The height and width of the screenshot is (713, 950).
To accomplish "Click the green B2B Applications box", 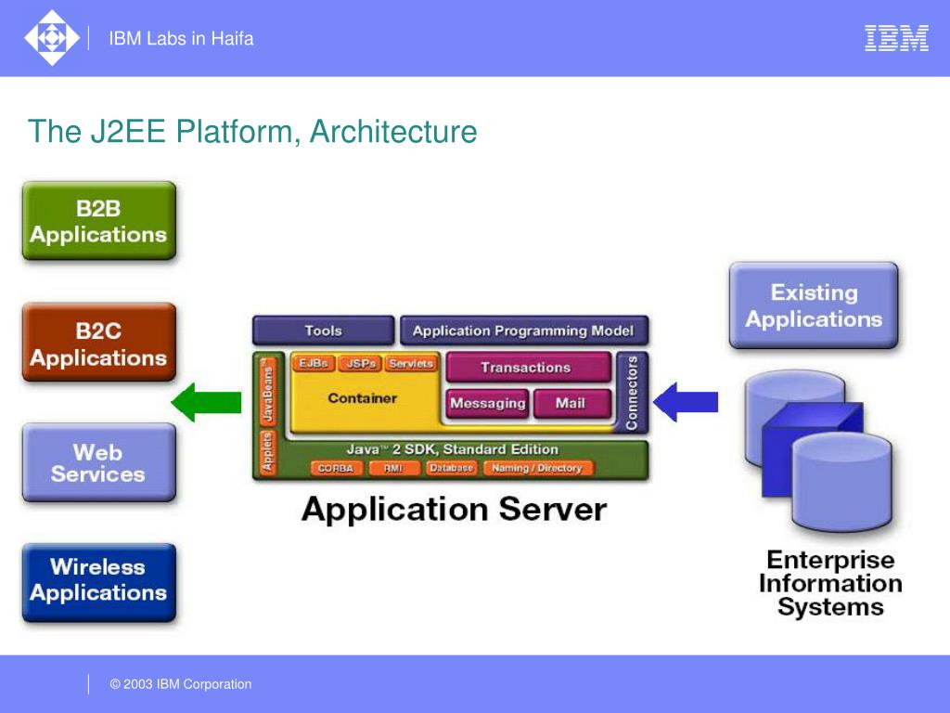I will coord(98,221).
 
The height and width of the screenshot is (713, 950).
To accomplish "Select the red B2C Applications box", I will coord(98,343).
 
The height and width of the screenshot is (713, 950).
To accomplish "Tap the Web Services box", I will coord(98,462).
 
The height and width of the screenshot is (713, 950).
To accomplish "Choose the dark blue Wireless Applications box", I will coord(98,581).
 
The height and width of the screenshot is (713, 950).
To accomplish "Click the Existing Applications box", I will coord(813,305).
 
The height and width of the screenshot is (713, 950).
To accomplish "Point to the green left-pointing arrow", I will coord(206,402).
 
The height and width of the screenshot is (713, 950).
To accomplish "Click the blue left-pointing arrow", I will coord(686,402).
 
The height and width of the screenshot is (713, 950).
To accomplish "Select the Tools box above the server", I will coord(323,331).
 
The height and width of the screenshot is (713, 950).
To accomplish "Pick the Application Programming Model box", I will coord(523,331).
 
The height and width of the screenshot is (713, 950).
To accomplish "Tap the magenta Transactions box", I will coord(526,368).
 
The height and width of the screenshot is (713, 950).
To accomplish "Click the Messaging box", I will coord(487,404).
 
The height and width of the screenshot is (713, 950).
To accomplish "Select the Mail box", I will coord(571,404).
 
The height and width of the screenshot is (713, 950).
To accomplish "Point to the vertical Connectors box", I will coord(632,393).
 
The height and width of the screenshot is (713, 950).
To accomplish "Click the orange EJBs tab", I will coord(314,364).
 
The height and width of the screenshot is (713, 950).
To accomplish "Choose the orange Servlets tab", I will coord(411,364).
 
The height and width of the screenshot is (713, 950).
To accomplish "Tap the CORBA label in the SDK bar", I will coord(335,469).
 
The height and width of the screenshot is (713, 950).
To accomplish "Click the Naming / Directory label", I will coord(536,469).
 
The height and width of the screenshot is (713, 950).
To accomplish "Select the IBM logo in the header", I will coord(896,38).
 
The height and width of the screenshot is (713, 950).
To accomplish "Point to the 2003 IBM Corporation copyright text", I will coord(181,684).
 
